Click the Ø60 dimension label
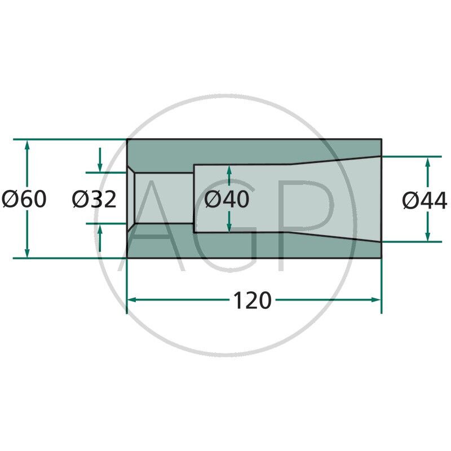(24, 199)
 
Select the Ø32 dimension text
(94, 199)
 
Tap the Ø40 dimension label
(227, 199)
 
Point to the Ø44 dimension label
(425, 201)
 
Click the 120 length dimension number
(252, 300)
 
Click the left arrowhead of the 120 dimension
(131, 300)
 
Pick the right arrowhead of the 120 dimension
(376, 300)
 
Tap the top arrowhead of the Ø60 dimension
(27, 145)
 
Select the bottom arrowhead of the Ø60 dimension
(27, 253)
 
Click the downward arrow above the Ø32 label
(100, 160)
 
